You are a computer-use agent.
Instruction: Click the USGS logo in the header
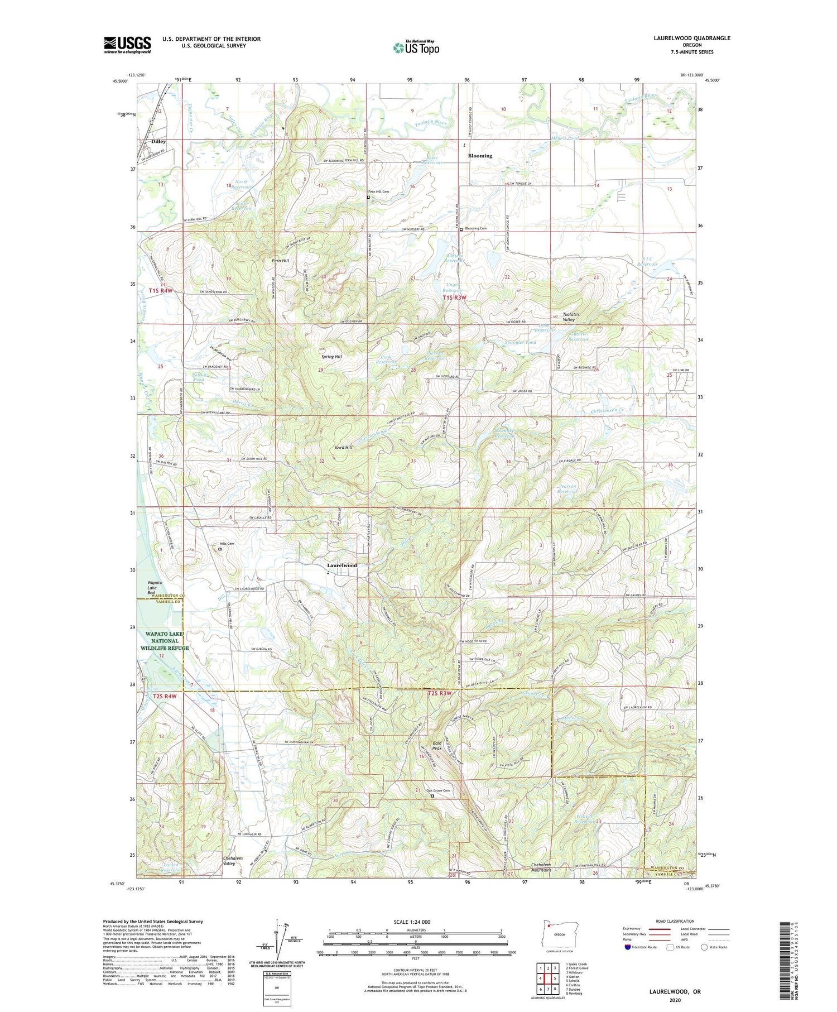127,45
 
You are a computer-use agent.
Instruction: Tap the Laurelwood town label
341,565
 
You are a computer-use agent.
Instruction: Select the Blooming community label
480,156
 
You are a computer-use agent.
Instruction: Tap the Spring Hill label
331,356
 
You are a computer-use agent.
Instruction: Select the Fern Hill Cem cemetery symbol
368,197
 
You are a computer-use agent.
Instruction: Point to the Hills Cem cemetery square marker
220,549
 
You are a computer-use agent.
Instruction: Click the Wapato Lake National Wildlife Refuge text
165,641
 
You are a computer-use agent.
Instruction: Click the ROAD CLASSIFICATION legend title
675,921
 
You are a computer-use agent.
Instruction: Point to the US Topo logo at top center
416,47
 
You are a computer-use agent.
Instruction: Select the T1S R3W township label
454,298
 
